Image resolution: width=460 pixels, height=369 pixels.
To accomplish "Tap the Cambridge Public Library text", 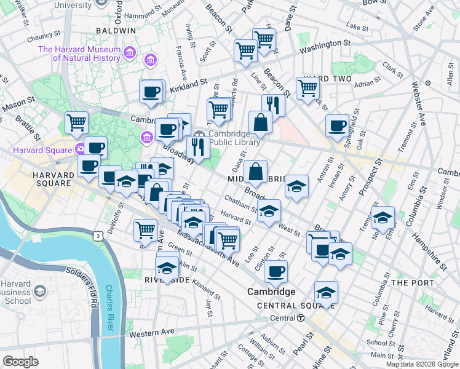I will point(229,139).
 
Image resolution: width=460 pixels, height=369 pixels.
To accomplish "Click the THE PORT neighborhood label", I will point(413,282).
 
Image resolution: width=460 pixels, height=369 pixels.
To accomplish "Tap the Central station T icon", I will point(301,318).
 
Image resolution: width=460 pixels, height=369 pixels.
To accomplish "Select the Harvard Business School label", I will point(16,292).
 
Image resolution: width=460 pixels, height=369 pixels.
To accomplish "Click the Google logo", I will point(20,362).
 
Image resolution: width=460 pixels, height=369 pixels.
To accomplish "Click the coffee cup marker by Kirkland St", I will point(151,93).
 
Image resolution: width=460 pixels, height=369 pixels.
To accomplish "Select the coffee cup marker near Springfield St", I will point(337,126).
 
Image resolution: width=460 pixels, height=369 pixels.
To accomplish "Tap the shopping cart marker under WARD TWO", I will point(307,88).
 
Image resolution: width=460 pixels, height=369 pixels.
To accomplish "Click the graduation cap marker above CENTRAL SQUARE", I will point(326,292).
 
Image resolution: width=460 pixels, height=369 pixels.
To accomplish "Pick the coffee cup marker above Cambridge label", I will point(276,271).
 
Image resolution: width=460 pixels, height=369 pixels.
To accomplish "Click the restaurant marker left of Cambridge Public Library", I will point(197,146).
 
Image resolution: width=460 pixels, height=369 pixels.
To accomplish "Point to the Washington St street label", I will point(325,45).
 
